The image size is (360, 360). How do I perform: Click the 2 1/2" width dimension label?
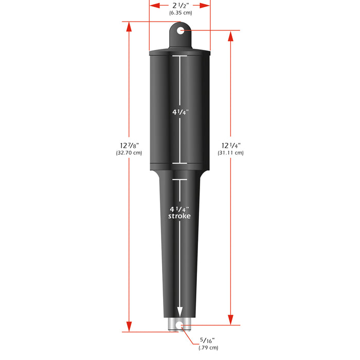click(179, 5)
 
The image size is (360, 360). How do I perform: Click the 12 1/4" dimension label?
click(230, 146)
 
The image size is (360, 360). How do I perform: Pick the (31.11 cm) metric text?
click(230, 153)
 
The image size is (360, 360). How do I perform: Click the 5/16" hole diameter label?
click(206, 340)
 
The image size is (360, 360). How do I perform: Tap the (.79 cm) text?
click(208, 348)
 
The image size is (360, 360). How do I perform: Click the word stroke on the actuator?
click(179, 217)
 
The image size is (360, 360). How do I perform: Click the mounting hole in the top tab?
click(180, 31)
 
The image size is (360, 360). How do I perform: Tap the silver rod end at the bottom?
click(179, 325)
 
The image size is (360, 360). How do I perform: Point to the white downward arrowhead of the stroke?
click(179, 312)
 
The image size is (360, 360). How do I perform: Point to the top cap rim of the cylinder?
click(179, 52)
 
